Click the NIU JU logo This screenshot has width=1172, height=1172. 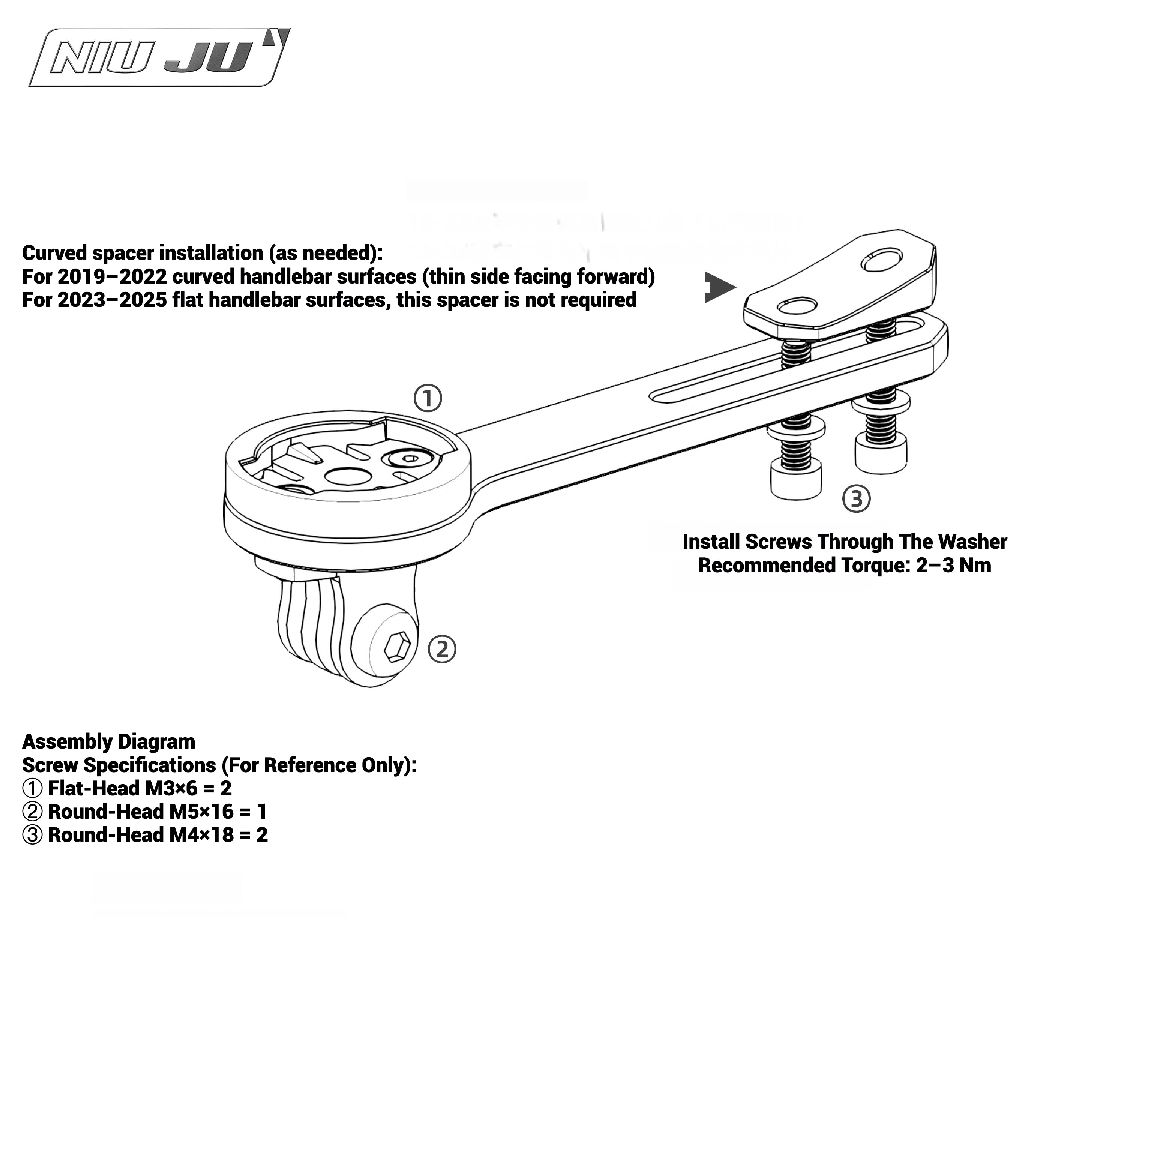coord(159,58)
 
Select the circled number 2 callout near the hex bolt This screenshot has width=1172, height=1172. coord(442,650)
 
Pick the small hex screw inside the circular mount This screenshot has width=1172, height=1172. coord(410,459)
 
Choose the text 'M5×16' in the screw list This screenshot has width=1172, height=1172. coord(201,812)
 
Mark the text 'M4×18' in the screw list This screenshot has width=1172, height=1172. coord(201,835)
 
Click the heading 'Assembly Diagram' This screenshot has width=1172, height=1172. coord(109,742)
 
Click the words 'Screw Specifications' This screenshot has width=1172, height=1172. coord(118,765)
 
